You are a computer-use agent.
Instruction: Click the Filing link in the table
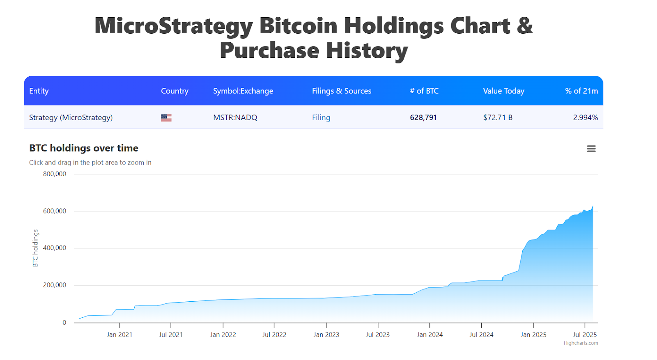[321, 118]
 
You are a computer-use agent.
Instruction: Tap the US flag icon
[166, 118]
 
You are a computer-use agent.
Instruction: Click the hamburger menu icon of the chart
[591, 149]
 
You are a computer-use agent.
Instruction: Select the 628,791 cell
[423, 118]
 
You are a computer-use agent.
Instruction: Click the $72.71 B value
[498, 118]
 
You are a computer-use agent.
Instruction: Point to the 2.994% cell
[585, 118]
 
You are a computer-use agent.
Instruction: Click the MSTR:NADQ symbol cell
[235, 118]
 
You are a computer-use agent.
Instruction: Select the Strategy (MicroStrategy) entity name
[71, 118]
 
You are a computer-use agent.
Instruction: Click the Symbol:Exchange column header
[243, 91]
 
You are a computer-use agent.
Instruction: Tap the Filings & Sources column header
[341, 91]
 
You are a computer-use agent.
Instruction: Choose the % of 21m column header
[581, 91]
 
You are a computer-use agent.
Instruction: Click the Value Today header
[503, 91]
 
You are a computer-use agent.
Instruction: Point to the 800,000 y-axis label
[55, 174]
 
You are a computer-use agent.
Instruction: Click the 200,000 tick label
[55, 285]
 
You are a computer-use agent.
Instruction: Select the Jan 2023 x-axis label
[326, 335]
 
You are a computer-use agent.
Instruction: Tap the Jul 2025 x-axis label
[585, 335]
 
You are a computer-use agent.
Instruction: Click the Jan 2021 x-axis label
[119, 335]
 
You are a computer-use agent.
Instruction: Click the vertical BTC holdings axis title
[35, 248]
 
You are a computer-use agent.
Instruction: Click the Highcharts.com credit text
[581, 343]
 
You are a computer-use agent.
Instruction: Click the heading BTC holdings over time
[84, 148]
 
